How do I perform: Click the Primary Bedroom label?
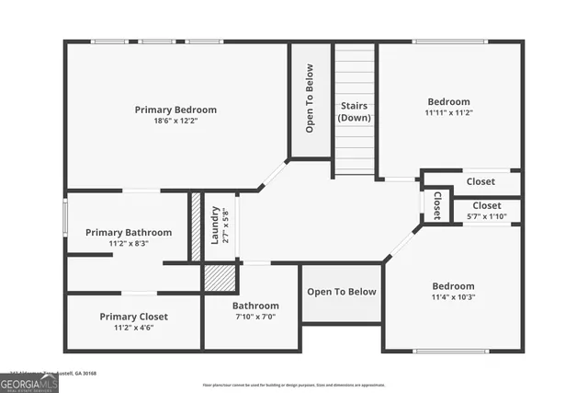(x=175, y=110)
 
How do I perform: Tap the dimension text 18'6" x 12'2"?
(x=175, y=121)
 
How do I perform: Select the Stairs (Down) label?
(x=354, y=111)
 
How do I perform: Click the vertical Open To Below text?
(x=310, y=98)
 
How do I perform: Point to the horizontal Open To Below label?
(x=342, y=292)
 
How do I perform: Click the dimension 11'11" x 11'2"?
(x=448, y=113)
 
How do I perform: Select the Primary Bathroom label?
(x=129, y=233)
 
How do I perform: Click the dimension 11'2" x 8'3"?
(x=129, y=244)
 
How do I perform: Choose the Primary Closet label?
(x=134, y=317)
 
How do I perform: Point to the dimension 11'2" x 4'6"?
(x=134, y=328)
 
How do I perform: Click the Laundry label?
(x=215, y=225)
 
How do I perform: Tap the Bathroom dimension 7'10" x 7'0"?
(x=254, y=317)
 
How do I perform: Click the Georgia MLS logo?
(x=29, y=383)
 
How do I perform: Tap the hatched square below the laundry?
(x=220, y=277)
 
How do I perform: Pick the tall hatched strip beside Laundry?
(x=195, y=226)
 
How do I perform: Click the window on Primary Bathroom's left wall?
(x=64, y=217)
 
